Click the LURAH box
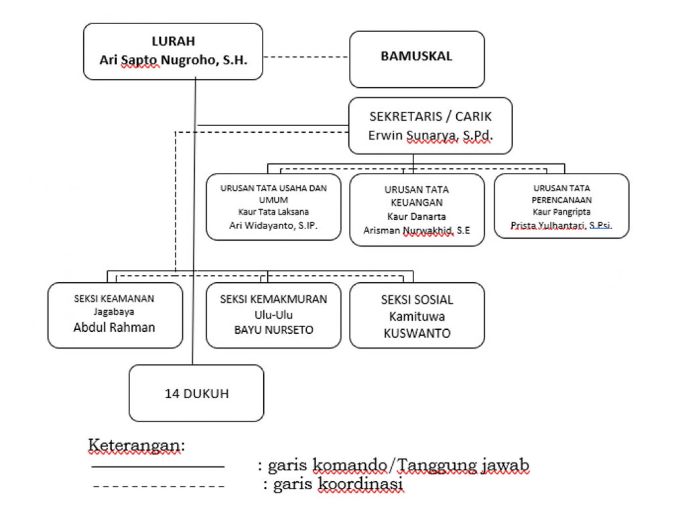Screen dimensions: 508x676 coord(173,51)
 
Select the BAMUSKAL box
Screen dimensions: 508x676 coord(417,59)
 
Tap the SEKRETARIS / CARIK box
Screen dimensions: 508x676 coord(430,125)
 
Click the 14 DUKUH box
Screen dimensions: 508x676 coord(196,393)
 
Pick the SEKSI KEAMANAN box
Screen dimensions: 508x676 coord(115,315)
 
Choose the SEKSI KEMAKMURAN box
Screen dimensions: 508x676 coord(273,315)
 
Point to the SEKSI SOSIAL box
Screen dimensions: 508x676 coord(417,315)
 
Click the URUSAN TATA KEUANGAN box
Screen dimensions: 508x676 coord(417,209)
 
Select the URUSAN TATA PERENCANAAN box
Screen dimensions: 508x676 coord(561,205)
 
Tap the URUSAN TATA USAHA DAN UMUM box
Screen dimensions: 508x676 coord(273,206)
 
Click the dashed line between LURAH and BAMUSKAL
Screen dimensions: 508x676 coord(306,57)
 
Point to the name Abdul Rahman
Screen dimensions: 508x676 coord(114,327)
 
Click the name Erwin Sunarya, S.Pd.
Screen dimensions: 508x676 coord(430,135)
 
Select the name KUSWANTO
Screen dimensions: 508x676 coord(417,333)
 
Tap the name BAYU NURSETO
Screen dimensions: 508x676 coord(274,330)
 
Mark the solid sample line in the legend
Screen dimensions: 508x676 coord(158,466)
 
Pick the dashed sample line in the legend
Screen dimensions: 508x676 coord(158,486)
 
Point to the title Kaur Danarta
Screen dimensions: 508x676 coord(417,216)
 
